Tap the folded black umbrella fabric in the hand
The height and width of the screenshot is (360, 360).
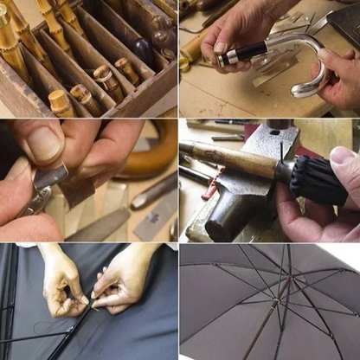pos(307,182)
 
